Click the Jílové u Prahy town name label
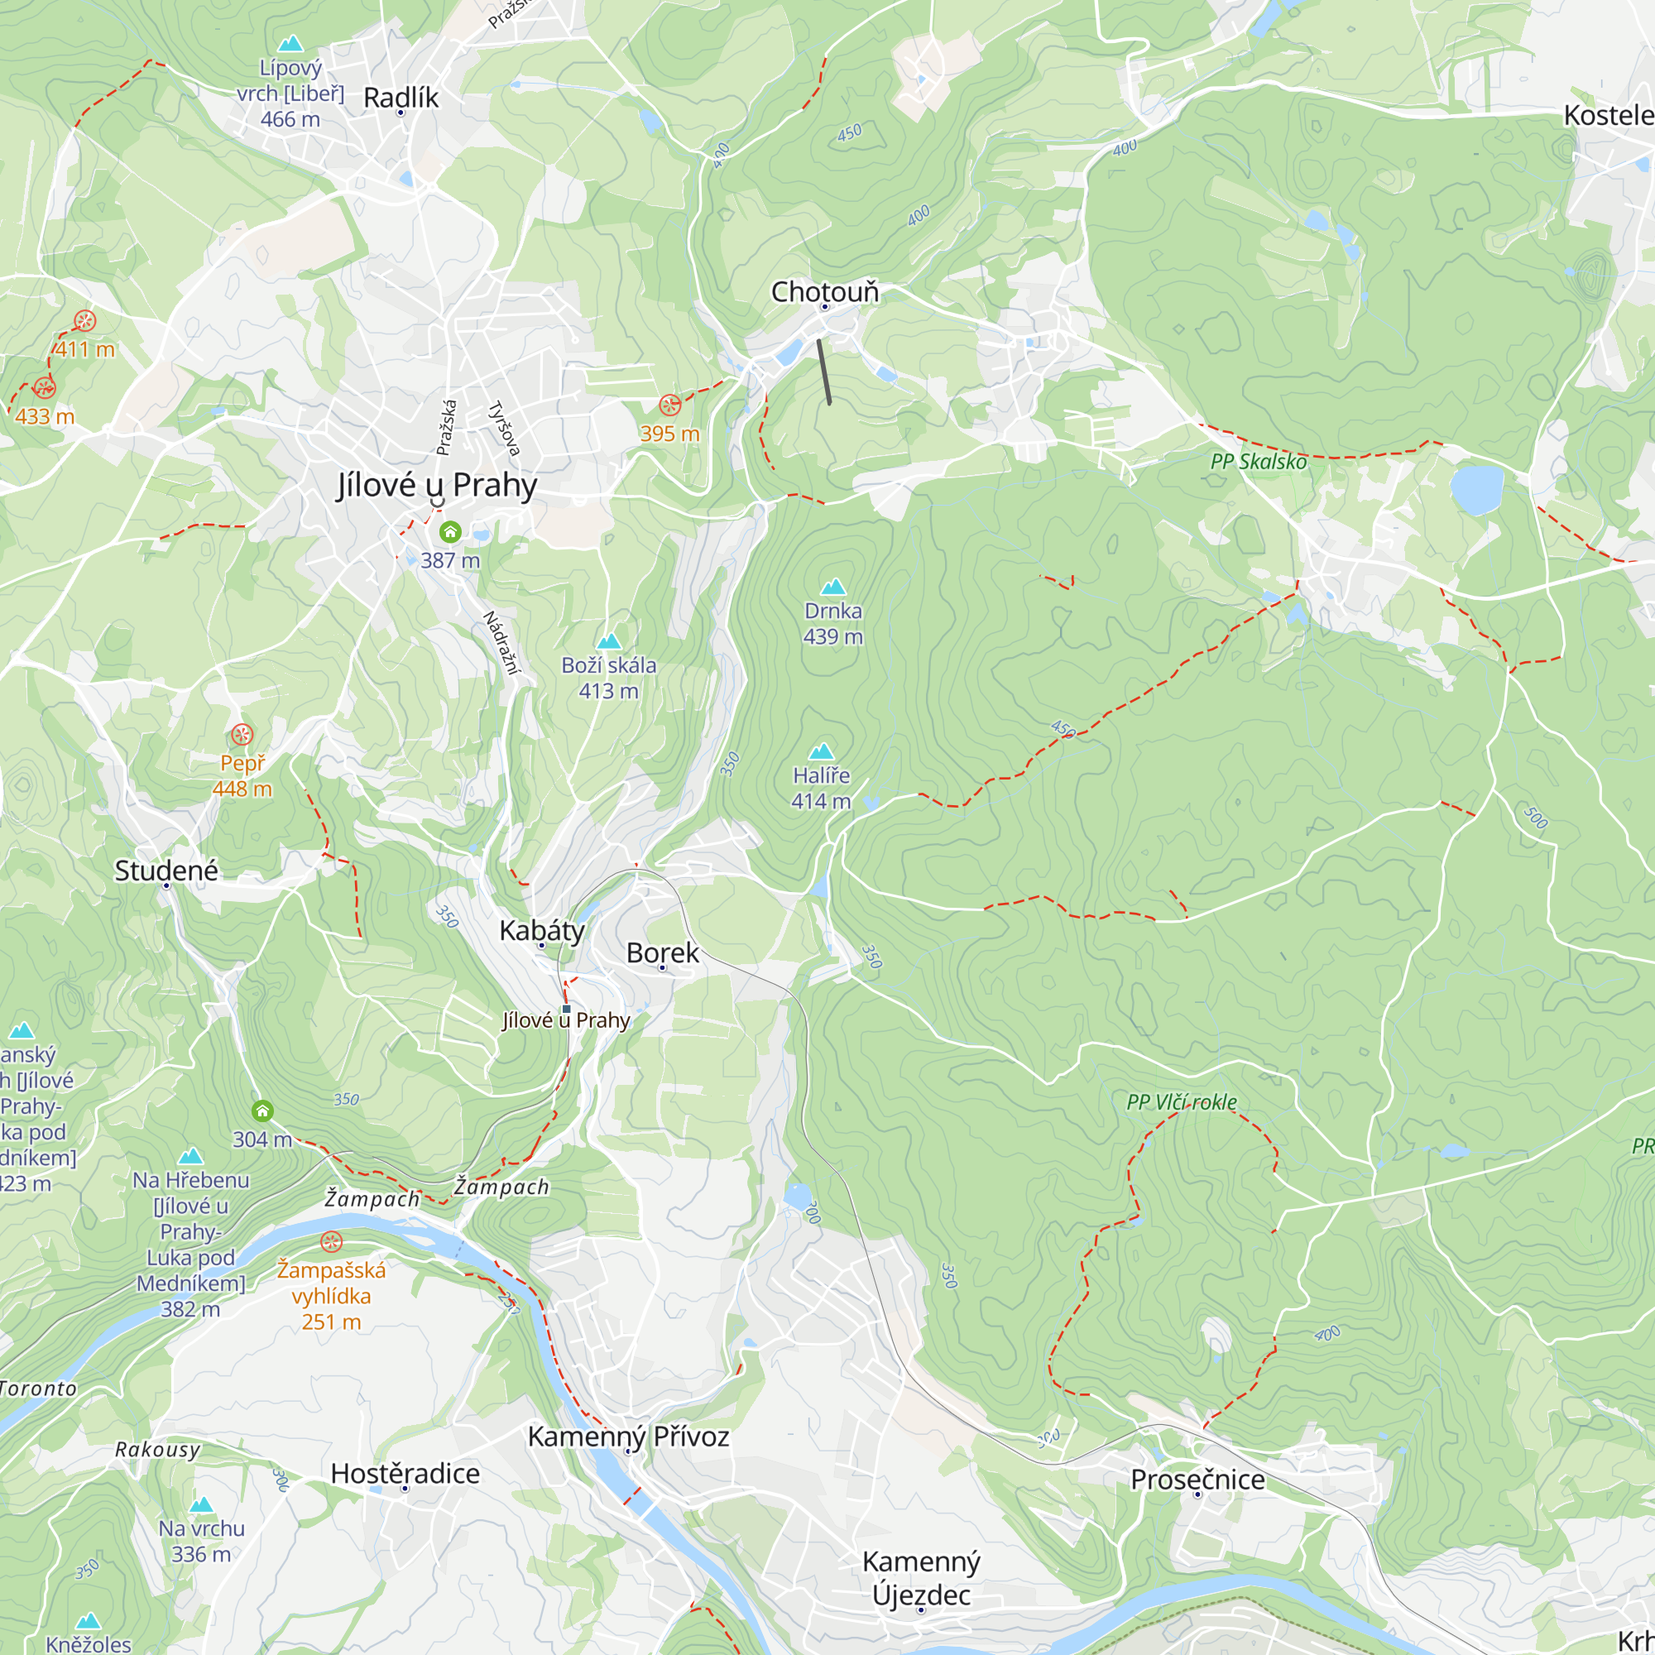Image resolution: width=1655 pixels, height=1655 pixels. point(437,486)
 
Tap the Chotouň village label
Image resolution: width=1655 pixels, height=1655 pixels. point(825,291)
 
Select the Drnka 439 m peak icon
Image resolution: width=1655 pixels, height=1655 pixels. point(832,588)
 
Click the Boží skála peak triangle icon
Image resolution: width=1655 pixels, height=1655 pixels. point(608,641)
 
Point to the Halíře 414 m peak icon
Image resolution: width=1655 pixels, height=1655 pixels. point(821,752)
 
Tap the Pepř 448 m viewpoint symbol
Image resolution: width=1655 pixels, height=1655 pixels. point(242,735)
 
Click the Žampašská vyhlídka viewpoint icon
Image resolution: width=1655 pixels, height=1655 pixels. point(332,1242)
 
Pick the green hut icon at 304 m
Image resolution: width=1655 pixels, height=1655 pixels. point(263,1111)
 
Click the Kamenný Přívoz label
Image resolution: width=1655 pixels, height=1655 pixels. point(628,1437)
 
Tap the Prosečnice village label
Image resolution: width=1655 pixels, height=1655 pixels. point(1197,1480)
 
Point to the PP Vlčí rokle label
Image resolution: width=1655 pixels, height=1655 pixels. point(1182,1102)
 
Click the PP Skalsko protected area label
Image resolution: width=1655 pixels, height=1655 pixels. point(1259,462)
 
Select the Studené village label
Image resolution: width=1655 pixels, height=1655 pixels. point(166,871)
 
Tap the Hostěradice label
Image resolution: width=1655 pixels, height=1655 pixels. point(405,1474)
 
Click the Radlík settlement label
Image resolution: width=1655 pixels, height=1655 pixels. point(401,98)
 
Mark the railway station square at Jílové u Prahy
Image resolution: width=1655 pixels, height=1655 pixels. point(566,1009)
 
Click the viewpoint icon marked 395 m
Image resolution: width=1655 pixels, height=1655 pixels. point(670,405)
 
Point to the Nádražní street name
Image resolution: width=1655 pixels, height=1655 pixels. point(502,642)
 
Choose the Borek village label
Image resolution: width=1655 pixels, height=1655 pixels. point(662,952)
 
